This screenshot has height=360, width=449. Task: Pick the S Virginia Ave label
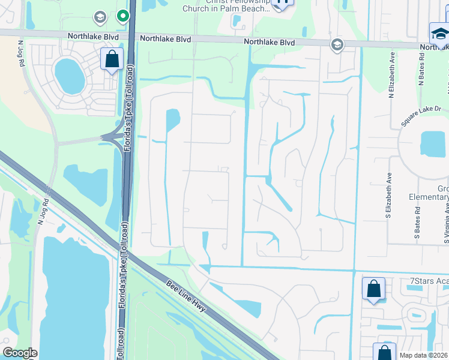coord(447,221)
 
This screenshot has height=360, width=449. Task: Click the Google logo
coord(20,352)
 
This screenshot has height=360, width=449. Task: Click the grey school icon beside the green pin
coord(100,17)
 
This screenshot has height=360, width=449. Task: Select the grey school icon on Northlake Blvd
coord(337,44)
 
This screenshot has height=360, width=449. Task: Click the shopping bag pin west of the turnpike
coord(112,59)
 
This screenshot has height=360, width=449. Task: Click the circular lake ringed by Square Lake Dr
coord(433,145)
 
